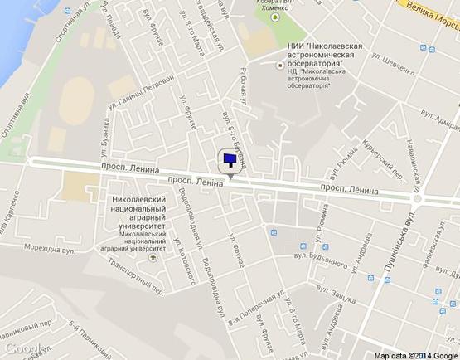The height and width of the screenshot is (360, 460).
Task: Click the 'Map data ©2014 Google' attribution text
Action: [414, 353]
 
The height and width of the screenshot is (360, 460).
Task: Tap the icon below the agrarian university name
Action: [152, 257]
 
